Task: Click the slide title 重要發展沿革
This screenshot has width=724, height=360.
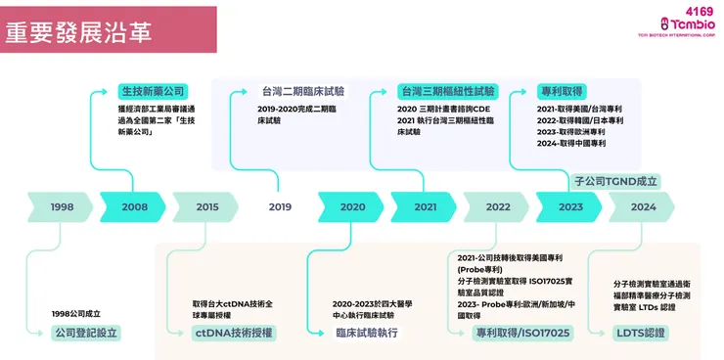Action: click(78, 29)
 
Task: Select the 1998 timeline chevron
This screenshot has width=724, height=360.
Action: click(62, 206)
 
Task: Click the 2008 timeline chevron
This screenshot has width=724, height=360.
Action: click(135, 206)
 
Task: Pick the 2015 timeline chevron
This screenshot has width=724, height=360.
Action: click(207, 206)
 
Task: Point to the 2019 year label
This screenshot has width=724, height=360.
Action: click(280, 206)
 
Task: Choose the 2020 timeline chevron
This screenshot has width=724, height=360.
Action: click(352, 206)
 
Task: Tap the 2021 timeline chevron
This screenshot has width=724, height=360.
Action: click(426, 206)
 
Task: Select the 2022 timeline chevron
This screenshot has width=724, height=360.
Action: click(498, 206)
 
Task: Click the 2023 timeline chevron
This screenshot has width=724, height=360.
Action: click(570, 206)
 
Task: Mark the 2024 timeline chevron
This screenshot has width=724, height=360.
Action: click(643, 206)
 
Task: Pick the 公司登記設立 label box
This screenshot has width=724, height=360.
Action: click(86, 333)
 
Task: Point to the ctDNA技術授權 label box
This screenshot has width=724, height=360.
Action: click(235, 333)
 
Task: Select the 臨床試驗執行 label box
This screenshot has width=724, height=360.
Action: click(365, 333)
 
